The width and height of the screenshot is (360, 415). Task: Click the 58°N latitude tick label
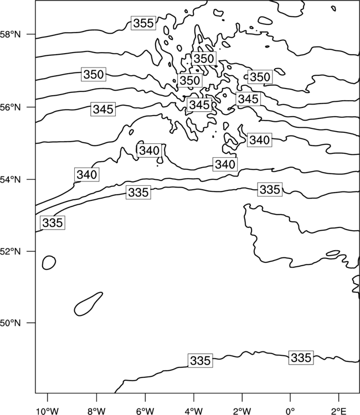[10, 34]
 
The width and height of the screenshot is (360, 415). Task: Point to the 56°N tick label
[10, 107]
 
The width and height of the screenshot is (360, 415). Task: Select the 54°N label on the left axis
[10, 180]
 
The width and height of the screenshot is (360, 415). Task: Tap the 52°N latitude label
[10, 251]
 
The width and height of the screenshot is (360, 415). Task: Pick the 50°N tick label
[10, 323]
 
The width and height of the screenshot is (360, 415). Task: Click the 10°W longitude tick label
[47, 411]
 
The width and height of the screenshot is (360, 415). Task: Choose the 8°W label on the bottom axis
[96, 411]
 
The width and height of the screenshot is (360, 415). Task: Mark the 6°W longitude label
[145, 411]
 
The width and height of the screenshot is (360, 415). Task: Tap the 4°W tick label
[193, 411]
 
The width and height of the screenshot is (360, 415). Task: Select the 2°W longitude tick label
[242, 411]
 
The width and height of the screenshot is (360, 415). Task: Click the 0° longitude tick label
[290, 411]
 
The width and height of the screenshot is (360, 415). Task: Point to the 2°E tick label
[338, 411]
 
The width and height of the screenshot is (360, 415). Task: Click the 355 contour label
[143, 23]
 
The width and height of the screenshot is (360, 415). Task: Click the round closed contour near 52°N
[49, 262]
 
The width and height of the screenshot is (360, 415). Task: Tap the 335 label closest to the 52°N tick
[53, 222]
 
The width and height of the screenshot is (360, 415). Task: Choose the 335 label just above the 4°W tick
[200, 360]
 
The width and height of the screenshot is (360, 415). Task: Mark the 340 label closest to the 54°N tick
[87, 174]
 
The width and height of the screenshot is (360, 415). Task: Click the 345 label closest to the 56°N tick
[104, 109]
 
